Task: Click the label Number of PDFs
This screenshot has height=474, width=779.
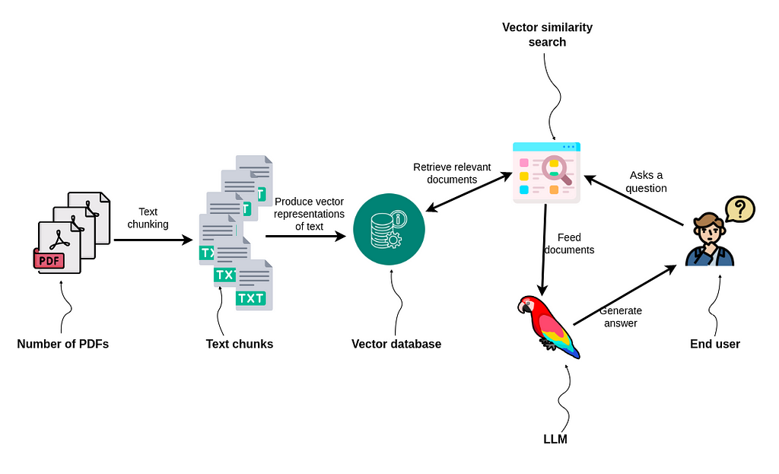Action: pyautogui.click(x=63, y=344)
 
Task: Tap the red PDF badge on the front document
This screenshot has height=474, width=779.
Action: pyautogui.click(x=49, y=261)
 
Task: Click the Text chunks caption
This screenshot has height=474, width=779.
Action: pyautogui.click(x=240, y=344)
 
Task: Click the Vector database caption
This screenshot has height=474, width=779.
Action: pyautogui.click(x=396, y=344)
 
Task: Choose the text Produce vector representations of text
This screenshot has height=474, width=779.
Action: pyautogui.click(x=309, y=214)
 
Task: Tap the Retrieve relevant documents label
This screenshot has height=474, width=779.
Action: pyautogui.click(x=452, y=173)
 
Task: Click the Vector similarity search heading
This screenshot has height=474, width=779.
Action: pyautogui.click(x=547, y=35)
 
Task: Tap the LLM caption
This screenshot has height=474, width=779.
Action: pyautogui.click(x=555, y=439)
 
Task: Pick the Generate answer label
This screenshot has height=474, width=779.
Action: pyautogui.click(x=621, y=317)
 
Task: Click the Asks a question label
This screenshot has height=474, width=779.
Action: pyautogui.click(x=647, y=182)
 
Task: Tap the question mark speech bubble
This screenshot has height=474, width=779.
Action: pyautogui.click(x=739, y=208)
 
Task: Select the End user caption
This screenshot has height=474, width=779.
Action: pyautogui.click(x=715, y=344)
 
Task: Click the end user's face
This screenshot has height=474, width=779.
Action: pyautogui.click(x=707, y=231)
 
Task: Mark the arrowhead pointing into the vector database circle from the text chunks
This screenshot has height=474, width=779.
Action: pyautogui.click(x=340, y=236)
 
